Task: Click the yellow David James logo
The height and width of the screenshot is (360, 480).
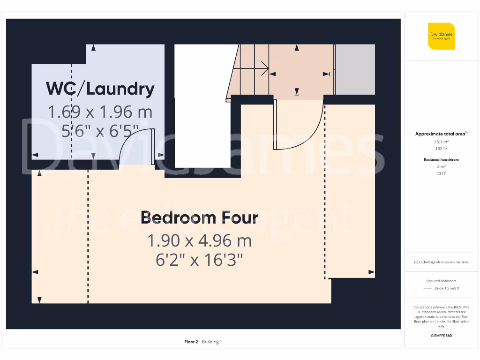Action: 441,36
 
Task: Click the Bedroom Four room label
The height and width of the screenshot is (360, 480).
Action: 199,217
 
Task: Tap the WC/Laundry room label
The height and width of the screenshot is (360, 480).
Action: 100,89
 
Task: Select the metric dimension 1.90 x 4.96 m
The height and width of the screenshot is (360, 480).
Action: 199,240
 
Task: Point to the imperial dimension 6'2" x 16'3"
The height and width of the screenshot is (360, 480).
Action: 199,260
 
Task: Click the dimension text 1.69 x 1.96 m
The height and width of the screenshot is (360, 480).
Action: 100,112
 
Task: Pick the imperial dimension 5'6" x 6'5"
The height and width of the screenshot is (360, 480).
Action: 100,131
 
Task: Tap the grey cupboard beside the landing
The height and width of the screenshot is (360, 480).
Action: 355,69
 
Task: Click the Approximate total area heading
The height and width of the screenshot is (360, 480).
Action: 441,134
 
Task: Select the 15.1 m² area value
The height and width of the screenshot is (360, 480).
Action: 441,141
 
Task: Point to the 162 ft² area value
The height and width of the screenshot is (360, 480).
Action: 441,148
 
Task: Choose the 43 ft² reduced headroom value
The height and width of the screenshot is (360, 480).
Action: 441,173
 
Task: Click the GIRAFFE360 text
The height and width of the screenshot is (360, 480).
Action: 441,336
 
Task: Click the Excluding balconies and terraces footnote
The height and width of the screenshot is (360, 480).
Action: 441,262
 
